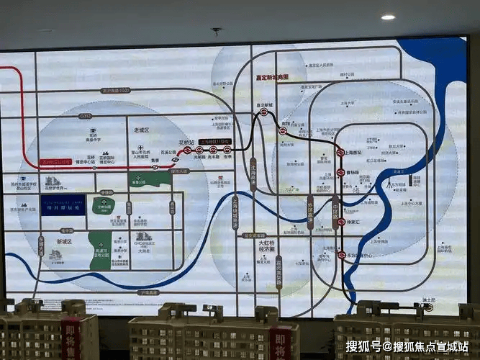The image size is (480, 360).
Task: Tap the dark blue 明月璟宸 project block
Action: coord(63,204)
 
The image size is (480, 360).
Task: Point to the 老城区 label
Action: coord(141,130)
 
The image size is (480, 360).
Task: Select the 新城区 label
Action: coord(64,242)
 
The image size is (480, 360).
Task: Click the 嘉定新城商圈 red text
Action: coord(273,77)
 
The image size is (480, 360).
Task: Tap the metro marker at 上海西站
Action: coord(340,153)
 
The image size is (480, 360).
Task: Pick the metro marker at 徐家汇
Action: coord(341,222)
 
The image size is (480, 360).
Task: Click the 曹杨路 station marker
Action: coord(341,173)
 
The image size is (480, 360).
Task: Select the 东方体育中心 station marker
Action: coord(341,255)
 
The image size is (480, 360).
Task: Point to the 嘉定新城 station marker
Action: coord(264,112)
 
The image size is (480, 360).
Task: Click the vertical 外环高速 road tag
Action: coord(310,212)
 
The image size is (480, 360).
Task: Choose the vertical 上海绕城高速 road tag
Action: coord(235,212)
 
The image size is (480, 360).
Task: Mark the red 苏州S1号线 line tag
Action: coord(55,163)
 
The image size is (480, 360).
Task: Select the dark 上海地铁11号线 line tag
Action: coord(215,142)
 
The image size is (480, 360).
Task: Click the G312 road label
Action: coord(86,115)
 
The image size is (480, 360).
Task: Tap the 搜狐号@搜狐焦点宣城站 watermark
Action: coord(407,346)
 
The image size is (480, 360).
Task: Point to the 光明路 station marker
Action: coord(200,150)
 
